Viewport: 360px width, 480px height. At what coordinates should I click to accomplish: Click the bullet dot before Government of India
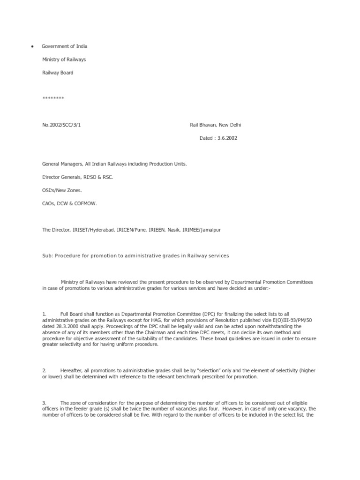[32, 47]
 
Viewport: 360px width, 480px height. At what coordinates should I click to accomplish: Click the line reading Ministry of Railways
[64, 60]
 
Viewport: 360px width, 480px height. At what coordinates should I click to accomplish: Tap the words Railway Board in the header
[58, 73]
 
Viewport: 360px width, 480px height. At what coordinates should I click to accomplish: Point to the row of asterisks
[53, 98]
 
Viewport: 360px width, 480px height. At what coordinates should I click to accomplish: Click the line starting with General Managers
[114, 164]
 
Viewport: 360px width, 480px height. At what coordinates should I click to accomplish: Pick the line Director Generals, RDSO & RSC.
[77, 177]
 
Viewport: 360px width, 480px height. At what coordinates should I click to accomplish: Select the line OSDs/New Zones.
[62, 190]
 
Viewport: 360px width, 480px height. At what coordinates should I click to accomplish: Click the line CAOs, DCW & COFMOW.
[69, 203]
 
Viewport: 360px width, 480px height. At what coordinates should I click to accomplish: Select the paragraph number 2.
[44, 371]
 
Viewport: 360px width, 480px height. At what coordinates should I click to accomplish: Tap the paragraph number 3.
[44, 403]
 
